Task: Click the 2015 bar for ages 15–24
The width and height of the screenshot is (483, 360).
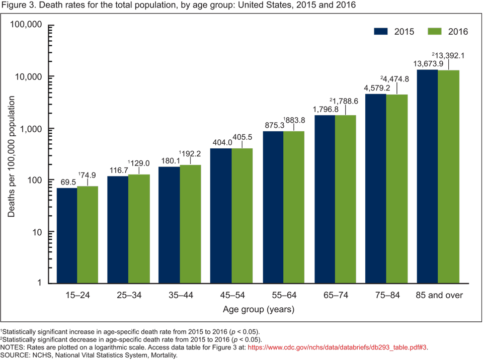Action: coord(66,235)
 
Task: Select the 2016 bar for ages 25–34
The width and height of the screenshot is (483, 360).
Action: coord(139,229)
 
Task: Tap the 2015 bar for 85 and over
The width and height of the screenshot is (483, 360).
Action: coord(427,176)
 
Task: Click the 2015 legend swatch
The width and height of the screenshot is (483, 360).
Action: coord(381,31)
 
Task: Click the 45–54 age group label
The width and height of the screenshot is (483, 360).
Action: coord(232,295)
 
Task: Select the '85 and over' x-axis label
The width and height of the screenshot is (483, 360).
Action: coord(438,295)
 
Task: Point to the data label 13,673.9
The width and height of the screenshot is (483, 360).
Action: coord(429,64)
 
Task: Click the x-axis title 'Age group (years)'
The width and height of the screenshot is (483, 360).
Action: coord(259,309)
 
